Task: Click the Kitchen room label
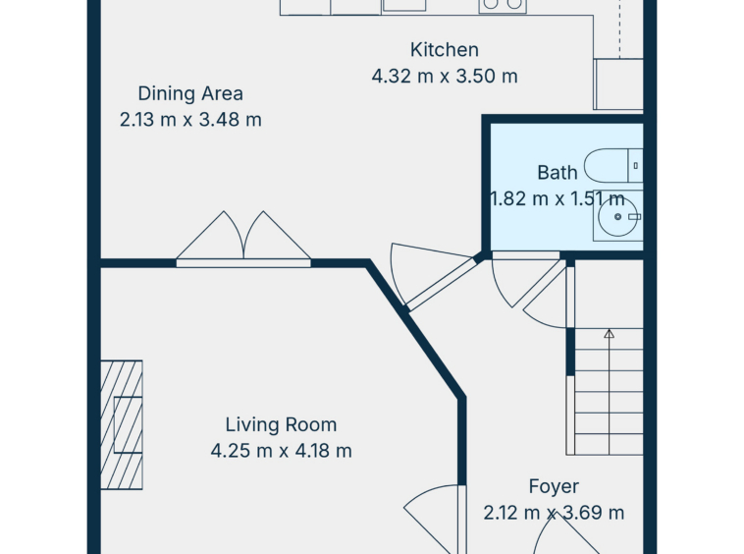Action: (x=444, y=50)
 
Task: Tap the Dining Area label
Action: (x=190, y=93)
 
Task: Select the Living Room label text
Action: (x=281, y=424)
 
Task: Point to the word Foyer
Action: (x=554, y=487)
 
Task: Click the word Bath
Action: (x=558, y=172)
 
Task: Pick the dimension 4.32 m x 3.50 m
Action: (x=444, y=76)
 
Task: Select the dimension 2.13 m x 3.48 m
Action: (x=190, y=119)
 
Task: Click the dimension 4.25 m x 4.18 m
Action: (x=281, y=451)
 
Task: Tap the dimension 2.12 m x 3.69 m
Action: (x=554, y=513)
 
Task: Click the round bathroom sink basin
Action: (x=617, y=216)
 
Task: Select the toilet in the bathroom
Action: (x=613, y=166)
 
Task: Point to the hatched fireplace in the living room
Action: (x=122, y=425)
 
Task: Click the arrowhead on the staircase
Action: (x=610, y=333)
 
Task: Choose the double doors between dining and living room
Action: (x=243, y=239)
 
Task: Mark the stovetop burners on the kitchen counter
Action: (x=503, y=5)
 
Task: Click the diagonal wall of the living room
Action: (x=415, y=330)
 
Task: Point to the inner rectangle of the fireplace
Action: (x=129, y=425)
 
